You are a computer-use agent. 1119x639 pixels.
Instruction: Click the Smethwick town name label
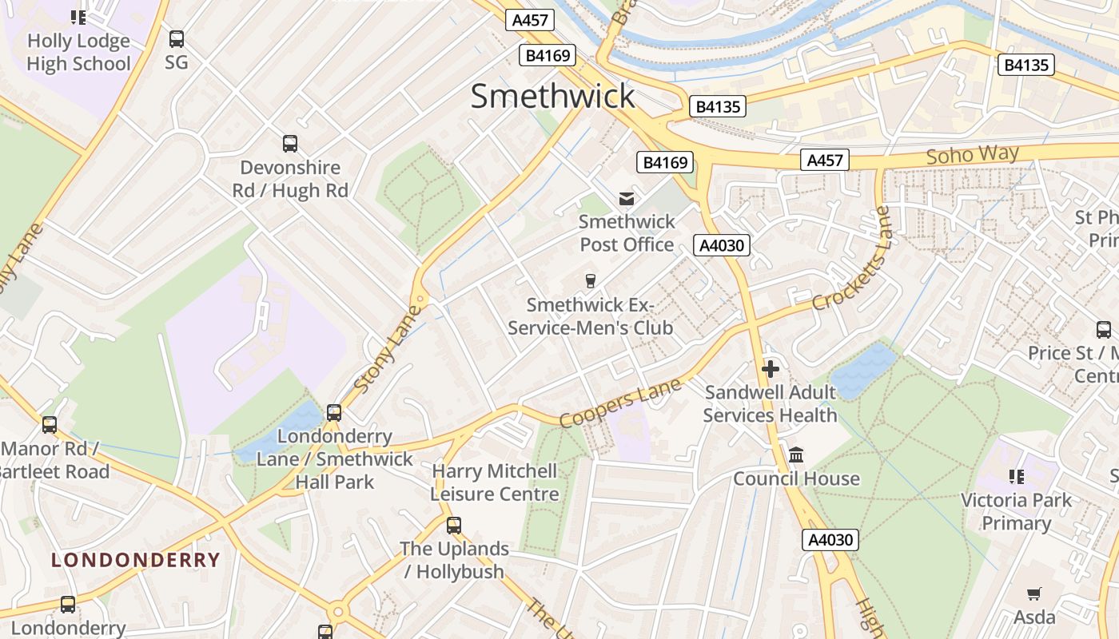[552, 96]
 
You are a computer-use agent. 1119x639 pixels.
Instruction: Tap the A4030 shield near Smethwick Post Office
[722, 245]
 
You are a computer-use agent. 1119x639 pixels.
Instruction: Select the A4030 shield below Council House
[830, 540]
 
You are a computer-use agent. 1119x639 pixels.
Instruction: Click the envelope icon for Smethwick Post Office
[627, 198]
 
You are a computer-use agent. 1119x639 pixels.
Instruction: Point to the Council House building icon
[796, 455]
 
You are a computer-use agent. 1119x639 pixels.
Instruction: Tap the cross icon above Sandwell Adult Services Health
[771, 369]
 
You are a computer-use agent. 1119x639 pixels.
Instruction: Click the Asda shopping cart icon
[1034, 593]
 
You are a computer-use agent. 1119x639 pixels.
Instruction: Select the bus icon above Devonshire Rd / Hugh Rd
[290, 144]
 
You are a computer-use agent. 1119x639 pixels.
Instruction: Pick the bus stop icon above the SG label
[177, 38]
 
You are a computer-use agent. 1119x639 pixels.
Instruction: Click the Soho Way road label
[972, 155]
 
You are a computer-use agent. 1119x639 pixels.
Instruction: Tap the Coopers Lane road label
[620, 403]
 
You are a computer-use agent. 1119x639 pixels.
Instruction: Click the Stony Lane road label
[387, 347]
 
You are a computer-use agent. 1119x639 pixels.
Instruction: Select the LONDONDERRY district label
[135, 560]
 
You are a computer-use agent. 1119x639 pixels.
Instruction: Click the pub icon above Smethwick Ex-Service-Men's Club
[591, 280]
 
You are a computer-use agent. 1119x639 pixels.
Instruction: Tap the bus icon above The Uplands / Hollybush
[454, 525]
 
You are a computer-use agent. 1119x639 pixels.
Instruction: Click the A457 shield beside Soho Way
[824, 161]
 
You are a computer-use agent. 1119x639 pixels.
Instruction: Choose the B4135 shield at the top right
[1025, 65]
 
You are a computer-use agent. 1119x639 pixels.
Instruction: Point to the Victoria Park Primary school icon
[1016, 477]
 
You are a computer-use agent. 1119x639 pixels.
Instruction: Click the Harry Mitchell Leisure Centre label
[495, 482]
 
